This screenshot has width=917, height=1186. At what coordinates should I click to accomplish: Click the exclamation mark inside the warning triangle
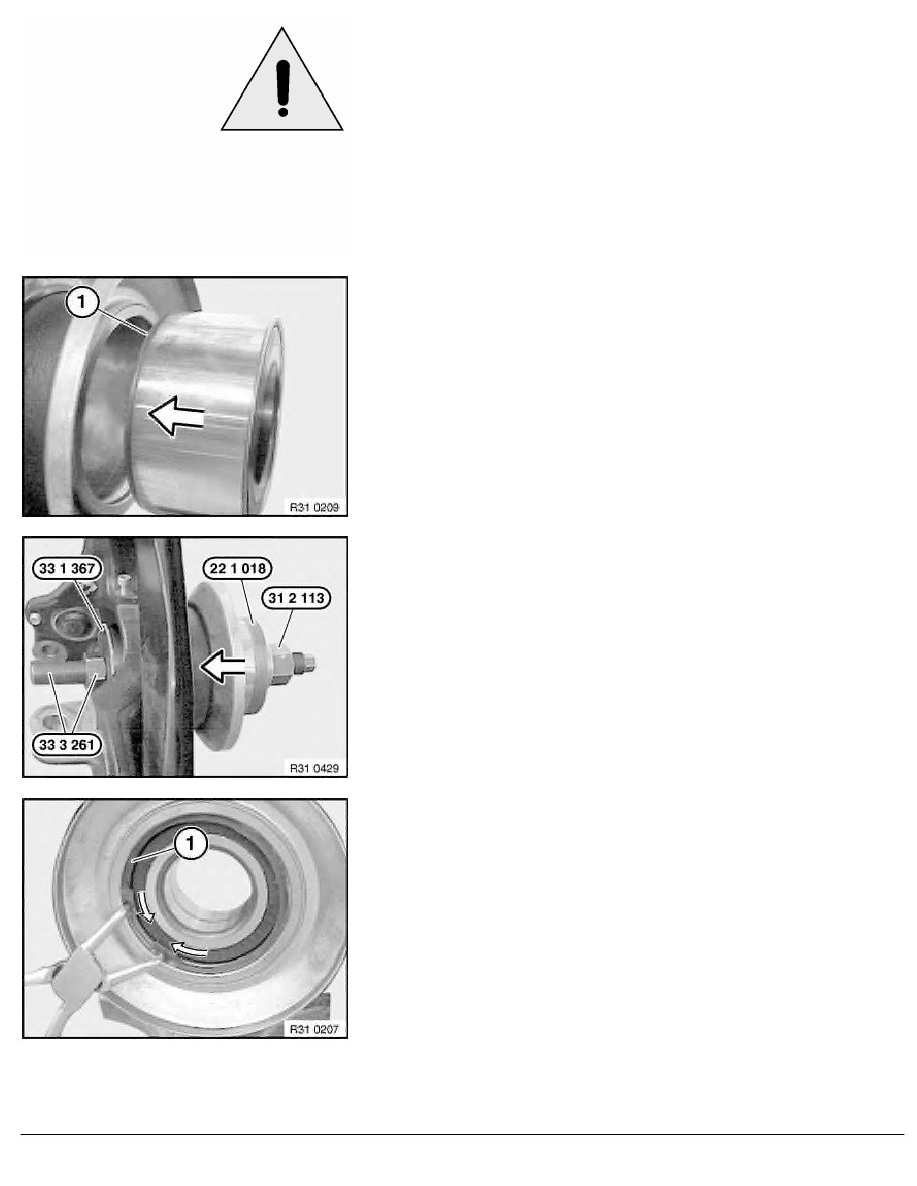pyautogui.click(x=283, y=88)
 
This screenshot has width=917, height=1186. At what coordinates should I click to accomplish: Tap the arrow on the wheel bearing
pyautogui.click(x=176, y=415)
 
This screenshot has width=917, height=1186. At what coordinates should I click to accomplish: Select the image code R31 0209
pyautogui.click(x=314, y=507)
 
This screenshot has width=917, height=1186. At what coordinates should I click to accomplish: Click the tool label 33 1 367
pyautogui.click(x=67, y=569)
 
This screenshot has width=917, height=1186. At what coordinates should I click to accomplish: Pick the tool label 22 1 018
pyautogui.click(x=238, y=568)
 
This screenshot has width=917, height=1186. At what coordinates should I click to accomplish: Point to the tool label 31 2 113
pyautogui.click(x=296, y=598)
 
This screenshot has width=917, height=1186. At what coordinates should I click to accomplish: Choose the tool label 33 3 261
pyautogui.click(x=67, y=745)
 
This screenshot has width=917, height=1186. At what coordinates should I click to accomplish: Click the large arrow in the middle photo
pyautogui.click(x=223, y=666)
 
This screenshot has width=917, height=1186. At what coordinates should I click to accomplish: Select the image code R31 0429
pyautogui.click(x=314, y=768)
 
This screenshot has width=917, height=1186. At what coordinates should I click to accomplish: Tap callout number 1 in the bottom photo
pyautogui.click(x=191, y=843)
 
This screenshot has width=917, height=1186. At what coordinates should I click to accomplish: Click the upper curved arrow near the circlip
pyautogui.click(x=145, y=906)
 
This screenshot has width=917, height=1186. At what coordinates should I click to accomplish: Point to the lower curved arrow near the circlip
pyautogui.click(x=189, y=949)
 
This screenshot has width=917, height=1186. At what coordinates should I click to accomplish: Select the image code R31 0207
pyautogui.click(x=314, y=1029)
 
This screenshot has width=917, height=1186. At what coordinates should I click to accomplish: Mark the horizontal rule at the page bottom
pyautogui.click(x=462, y=1134)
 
